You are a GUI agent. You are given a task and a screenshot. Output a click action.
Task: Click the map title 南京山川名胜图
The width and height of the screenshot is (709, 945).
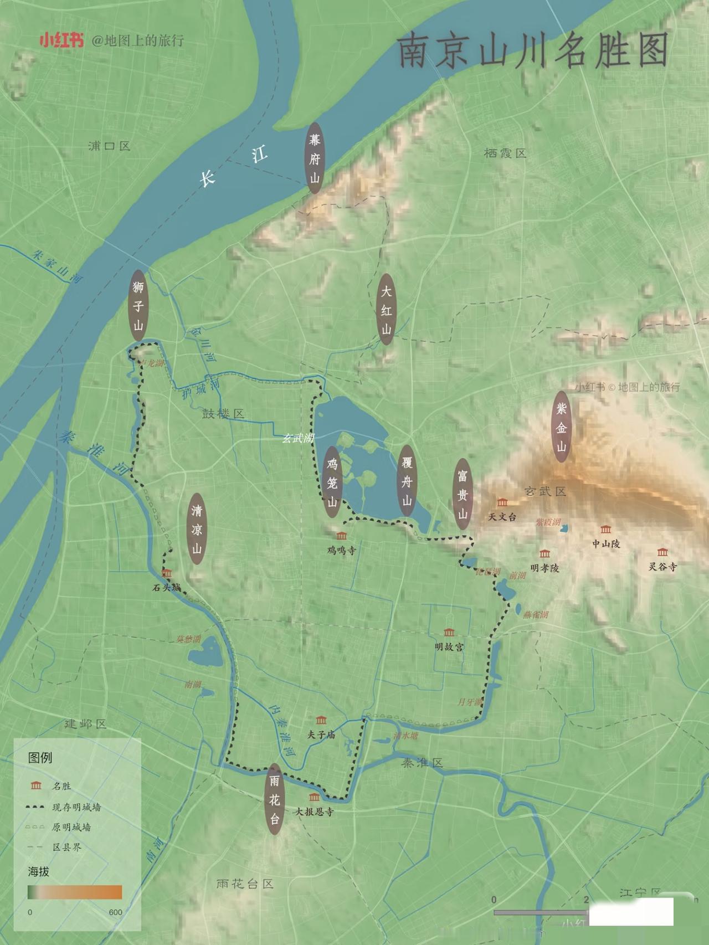(533, 50)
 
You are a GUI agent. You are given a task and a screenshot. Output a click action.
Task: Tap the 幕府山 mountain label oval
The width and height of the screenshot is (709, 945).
(315, 158)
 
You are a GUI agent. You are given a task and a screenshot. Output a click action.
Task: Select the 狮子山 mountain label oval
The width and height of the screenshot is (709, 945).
(138, 305)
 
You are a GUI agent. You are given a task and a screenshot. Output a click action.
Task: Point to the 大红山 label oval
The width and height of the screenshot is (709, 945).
(386, 309)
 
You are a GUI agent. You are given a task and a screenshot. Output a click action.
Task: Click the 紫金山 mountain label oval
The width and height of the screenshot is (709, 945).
(562, 427)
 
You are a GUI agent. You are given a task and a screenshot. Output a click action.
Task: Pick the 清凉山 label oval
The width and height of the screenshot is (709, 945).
(197, 529)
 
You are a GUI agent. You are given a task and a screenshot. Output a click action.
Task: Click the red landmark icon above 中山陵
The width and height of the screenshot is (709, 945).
(606, 530)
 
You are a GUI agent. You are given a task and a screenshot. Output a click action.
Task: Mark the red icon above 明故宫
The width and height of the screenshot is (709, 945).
(449, 633)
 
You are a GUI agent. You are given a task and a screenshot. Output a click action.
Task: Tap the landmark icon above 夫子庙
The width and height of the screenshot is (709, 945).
(321, 720)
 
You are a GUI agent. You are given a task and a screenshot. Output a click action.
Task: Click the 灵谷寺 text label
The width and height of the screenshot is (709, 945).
(662, 567)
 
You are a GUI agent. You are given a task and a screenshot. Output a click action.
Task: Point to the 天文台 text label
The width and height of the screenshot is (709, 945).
(502, 517)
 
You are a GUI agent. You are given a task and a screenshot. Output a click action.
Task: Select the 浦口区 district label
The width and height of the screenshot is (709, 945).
(109, 146)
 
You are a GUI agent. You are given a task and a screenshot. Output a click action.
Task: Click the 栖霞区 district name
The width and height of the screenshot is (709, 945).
(505, 153)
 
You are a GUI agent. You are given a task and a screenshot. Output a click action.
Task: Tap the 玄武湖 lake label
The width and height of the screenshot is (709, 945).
(298, 438)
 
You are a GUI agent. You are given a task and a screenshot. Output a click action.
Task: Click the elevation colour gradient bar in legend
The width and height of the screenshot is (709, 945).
(75, 892)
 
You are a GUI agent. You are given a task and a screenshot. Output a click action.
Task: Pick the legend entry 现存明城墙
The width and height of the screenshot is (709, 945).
(76, 807)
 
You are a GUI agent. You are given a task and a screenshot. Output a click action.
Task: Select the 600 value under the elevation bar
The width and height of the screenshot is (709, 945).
(115, 912)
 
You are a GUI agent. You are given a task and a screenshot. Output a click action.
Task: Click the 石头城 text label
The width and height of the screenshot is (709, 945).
(166, 587)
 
